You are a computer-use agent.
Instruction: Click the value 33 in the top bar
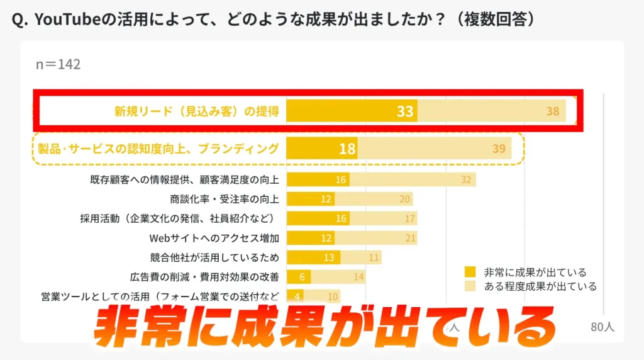pos(405,111)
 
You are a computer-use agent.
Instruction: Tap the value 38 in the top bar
pos(552,111)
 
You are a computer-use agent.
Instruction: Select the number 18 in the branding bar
pos(347,149)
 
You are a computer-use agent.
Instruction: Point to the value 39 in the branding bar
pos(499,149)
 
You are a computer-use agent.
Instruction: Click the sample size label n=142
pos(58,64)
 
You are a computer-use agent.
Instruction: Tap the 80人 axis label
pos(602,327)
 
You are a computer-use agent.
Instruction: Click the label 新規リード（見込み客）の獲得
pos(196,111)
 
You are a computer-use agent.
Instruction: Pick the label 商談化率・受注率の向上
pos(225,199)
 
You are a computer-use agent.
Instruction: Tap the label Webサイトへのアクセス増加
pos(214,238)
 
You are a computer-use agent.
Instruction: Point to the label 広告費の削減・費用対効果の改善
pos(204,277)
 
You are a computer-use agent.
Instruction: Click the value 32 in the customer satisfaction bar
pos(465,180)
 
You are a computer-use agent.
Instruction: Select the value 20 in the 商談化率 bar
pos(404,200)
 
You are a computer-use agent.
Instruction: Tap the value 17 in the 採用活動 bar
pos(410,219)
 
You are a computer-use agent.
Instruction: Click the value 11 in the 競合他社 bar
pos(374,257)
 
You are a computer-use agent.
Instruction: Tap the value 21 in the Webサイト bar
pos(410,238)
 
